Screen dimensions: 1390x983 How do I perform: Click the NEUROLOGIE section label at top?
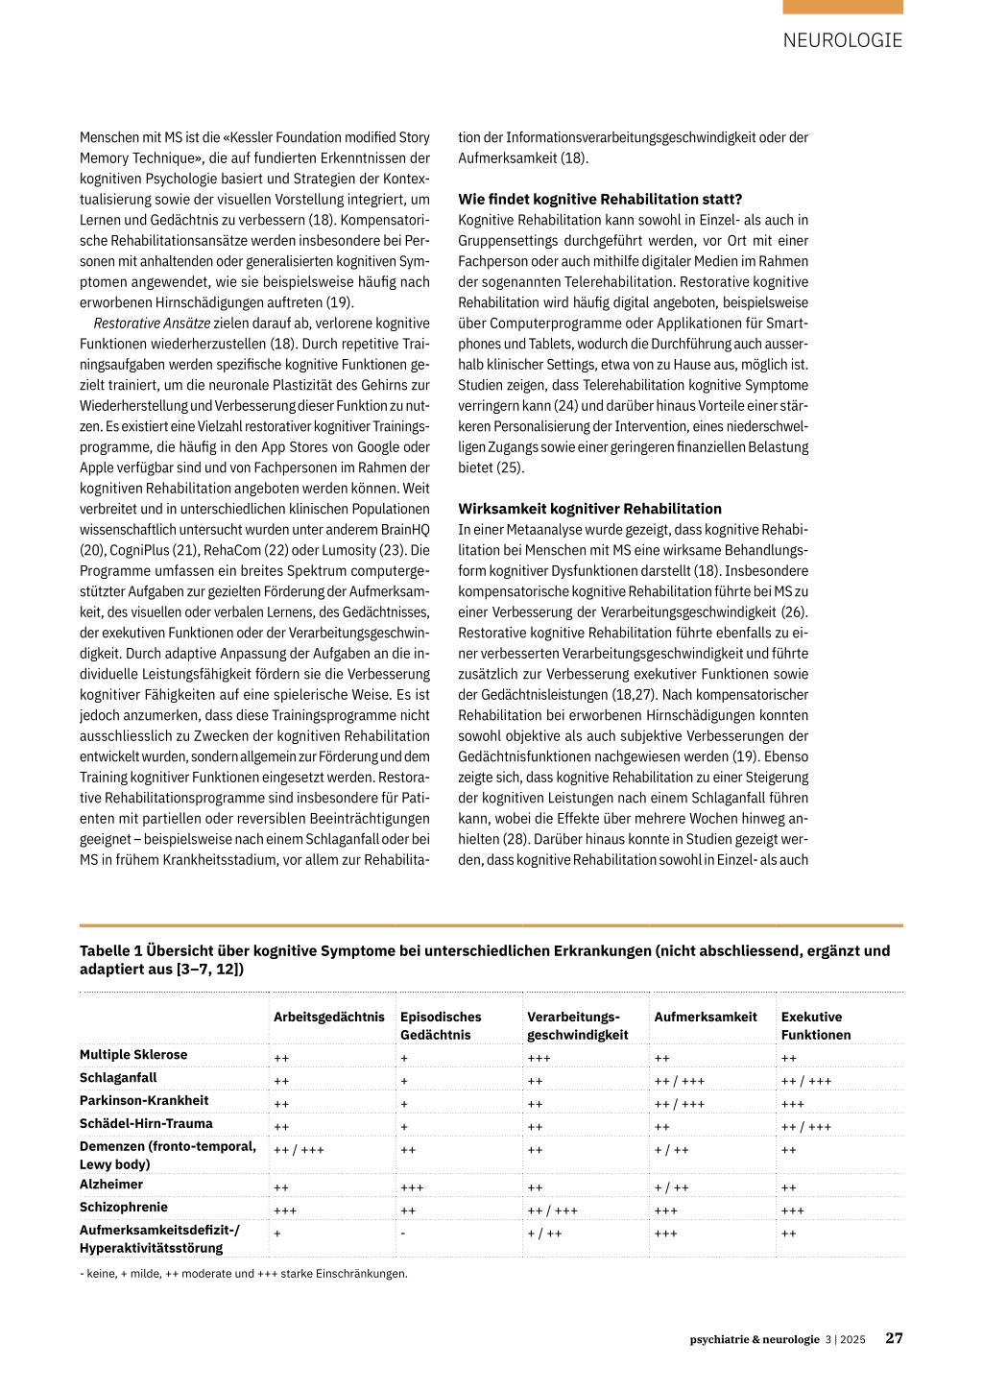[x=842, y=40]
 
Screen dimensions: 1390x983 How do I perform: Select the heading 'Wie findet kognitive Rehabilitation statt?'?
[x=600, y=200]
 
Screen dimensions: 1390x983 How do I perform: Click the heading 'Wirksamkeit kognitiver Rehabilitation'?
[x=589, y=509]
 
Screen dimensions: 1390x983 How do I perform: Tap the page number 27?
[x=894, y=1338]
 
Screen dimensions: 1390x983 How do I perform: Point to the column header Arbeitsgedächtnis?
[x=328, y=1017]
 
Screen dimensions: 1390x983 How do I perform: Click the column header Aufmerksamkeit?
[x=706, y=1017]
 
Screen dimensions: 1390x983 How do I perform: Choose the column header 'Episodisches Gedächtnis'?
[x=441, y=1025]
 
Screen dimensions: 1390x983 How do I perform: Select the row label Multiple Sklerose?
[x=133, y=1055]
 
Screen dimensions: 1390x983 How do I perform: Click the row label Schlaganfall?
[x=118, y=1078]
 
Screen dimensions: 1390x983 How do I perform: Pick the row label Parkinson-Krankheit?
[x=144, y=1101]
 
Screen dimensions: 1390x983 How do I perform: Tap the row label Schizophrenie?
[x=124, y=1208]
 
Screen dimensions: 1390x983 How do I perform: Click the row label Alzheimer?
[x=111, y=1185]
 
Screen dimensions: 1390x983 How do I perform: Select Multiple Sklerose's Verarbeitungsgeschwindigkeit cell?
[x=539, y=1058]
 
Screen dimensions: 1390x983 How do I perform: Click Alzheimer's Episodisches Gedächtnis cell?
[x=412, y=1187]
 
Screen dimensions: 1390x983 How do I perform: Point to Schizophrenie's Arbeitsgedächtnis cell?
[x=285, y=1210]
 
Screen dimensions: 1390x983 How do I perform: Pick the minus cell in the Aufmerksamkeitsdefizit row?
[x=403, y=1234]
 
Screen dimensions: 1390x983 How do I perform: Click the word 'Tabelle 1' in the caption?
[x=110, y=951]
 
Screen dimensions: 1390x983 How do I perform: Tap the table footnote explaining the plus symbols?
[x=243, y=1274]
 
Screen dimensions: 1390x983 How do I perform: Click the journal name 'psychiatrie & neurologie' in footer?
[x=755, y=1339]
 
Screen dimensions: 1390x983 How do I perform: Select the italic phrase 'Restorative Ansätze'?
[x=152, y=324]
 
